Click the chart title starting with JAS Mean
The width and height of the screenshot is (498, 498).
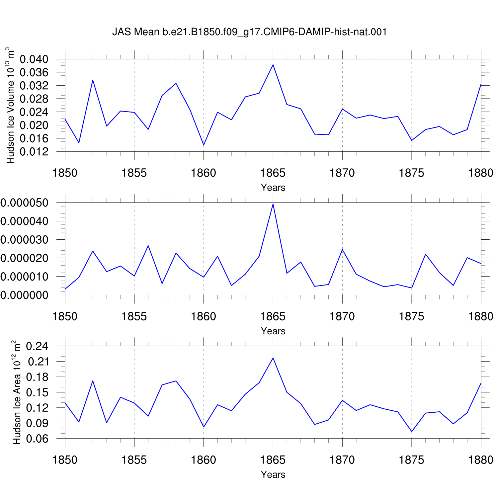(249, 32)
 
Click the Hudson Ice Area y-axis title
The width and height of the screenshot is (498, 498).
(17, 392)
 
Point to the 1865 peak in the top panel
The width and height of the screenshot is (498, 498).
(273, 65)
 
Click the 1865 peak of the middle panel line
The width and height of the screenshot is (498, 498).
(273, 204)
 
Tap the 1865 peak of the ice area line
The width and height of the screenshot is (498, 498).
(273, 358)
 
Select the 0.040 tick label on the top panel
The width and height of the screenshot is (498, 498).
(34, 59)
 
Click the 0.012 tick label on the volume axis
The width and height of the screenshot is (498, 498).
(34, 152)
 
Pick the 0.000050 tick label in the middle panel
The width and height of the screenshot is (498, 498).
(24, 203)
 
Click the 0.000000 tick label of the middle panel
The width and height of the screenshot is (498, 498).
(24, 295)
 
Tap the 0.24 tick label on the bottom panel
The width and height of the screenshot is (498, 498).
(38, 346)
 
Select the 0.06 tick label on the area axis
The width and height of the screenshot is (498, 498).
(38, 439)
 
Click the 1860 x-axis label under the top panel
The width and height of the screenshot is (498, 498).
(204, 173)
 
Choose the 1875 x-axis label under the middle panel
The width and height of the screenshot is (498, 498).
(412, 316)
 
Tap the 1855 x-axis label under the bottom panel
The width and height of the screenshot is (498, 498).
(134, 460)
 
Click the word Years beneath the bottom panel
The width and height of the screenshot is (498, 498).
(273, 474)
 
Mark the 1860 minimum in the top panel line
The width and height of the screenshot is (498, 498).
(204, 145)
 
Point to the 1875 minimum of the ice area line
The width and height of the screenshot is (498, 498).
(412, 432)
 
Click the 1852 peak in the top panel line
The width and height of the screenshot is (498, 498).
(93, 80)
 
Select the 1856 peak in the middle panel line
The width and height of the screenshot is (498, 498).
(148, 246)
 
